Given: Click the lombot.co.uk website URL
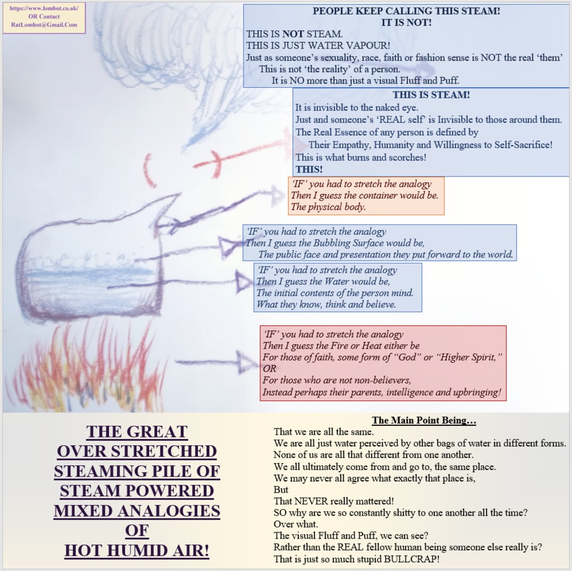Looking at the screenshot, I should (x=44, y=9).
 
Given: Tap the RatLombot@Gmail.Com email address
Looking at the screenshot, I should (x=44, y=25).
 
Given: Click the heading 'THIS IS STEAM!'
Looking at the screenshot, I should (x=431, y=95).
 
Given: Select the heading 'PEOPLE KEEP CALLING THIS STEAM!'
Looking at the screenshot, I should (x=406, y=11).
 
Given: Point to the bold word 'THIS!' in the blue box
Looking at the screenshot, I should (x=309, y=169).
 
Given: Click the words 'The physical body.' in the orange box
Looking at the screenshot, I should (x=328, y=207).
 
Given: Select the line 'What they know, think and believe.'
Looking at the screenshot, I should (x=326, y=304).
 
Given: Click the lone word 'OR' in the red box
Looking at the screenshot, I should (x=269, y=369).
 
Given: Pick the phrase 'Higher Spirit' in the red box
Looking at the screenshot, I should (x=467, y=358).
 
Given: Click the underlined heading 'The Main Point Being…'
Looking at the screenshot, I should (x=423, y=421).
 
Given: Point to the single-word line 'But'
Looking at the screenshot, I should (x=280, y=489).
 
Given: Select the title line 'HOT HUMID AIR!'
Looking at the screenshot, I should (x=137, y=551).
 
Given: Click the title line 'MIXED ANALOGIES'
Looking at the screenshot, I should (x=137, y=511).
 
